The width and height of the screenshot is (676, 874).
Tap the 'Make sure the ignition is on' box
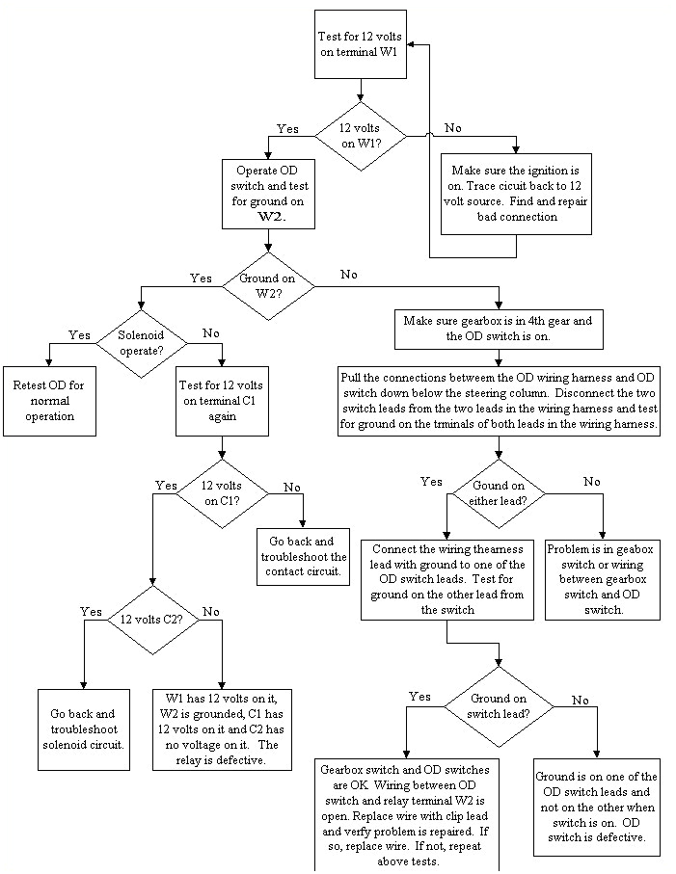(x=517, y=194)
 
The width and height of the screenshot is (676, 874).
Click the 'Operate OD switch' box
(x=270, y=196)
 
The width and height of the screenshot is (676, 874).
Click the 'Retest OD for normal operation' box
(x=49, y=400)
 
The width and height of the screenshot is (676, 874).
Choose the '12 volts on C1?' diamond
(x=223, y=493)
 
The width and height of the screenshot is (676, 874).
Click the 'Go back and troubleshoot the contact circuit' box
(x=304, y=556)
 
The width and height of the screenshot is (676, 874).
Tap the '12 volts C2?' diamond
(x=151, y=620)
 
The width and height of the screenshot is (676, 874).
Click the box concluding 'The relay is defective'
(x=222, y=728)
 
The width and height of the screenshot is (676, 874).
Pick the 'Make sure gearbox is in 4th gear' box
(x=500, y=330)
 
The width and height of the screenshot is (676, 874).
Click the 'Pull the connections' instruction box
(x=499, y=401)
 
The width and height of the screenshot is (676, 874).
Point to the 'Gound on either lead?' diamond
(x=498, y=493)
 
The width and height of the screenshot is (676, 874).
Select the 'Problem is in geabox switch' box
(x=603, y=579)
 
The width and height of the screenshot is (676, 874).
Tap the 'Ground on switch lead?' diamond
(x=499, y=706)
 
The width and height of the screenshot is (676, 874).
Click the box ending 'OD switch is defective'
(x=597, y=807)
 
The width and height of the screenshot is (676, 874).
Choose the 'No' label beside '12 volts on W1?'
(x=452, y=128)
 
